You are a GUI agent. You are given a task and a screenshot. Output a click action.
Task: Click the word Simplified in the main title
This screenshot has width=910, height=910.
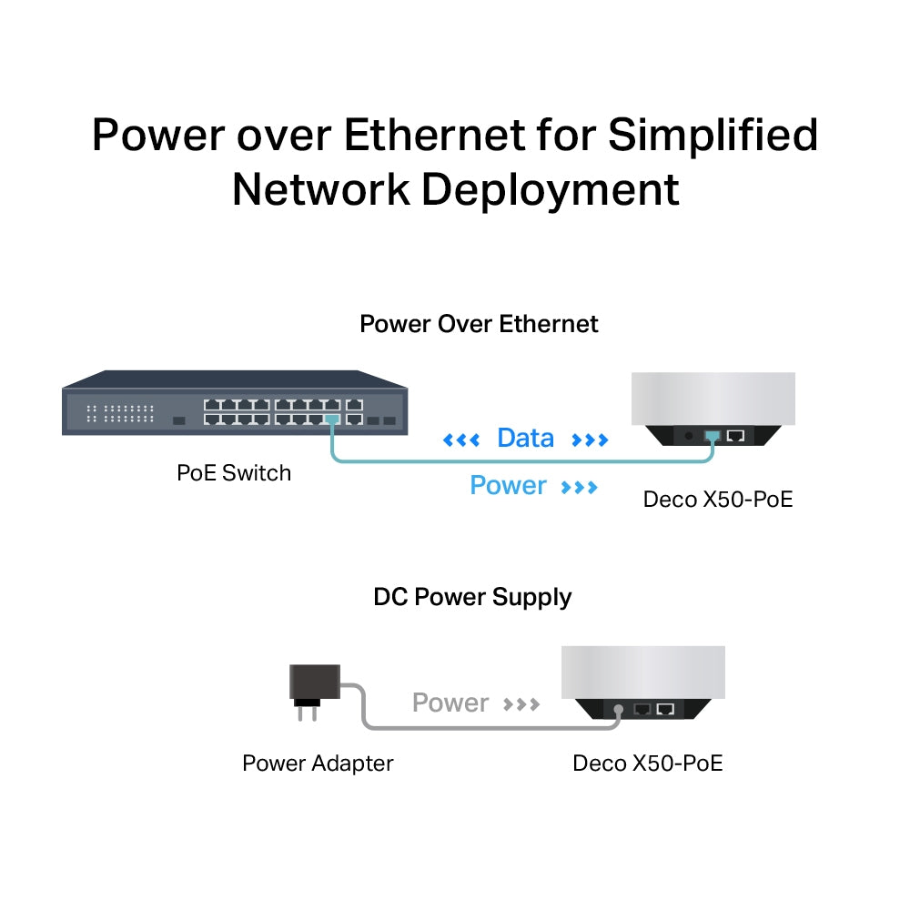[713, 135]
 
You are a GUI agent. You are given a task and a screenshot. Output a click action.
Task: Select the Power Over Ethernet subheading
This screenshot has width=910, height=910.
[479, 324]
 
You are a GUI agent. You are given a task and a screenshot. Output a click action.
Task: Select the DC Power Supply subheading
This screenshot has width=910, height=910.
[472, 597]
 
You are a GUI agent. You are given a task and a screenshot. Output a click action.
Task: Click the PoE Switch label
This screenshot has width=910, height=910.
[234, 472]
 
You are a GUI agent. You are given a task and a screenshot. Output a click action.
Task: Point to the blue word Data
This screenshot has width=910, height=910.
[525, 439]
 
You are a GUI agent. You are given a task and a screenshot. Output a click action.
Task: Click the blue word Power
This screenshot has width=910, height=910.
[508, 486]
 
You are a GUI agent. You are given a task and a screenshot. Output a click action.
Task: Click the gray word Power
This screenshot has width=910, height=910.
[450, 703]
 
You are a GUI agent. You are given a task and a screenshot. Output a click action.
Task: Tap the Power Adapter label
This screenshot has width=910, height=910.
[318, 763]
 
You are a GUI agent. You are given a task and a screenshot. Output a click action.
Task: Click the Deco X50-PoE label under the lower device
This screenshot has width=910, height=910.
[647, 763]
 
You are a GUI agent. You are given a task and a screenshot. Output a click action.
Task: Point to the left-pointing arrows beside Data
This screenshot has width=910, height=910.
[460, 440]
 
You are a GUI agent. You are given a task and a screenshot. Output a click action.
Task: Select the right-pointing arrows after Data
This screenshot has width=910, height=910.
[590, 440]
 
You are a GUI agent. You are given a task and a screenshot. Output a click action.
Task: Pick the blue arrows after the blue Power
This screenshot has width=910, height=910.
[580, 488]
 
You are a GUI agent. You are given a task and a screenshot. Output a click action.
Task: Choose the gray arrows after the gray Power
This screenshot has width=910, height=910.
[521, 704]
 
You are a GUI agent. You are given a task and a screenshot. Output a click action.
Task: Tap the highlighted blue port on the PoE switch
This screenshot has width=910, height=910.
[332, 420]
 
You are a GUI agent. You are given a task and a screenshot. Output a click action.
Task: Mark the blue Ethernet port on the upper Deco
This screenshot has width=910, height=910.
[712, 435]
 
